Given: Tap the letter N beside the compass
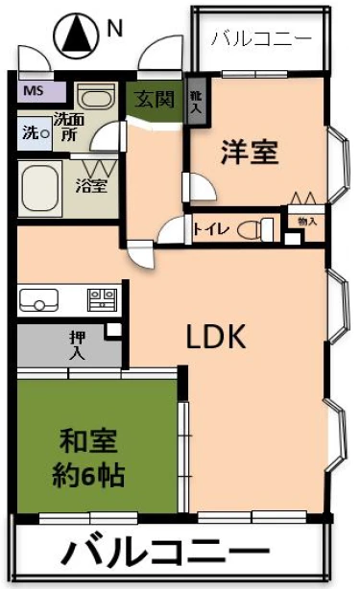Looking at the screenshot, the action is click(114, 28).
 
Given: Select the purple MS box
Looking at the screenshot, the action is click(41, 91).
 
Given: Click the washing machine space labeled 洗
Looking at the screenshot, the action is click(35, 133).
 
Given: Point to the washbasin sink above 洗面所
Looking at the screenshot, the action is click(96, 97).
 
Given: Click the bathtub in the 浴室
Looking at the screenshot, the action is click(39, 189).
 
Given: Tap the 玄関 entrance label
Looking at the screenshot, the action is click(155, 100).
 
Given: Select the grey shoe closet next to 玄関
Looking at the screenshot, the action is click(197, 103).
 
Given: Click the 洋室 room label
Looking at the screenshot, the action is click(250, 152).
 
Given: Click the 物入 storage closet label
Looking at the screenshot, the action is click(307, 222).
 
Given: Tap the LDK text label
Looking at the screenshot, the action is click(216, 336).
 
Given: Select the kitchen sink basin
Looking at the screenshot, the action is click(38, 300).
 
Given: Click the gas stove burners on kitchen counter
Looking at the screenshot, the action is click(102, 299).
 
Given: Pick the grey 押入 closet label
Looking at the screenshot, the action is click(77, 344).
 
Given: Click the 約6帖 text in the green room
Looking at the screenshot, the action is click(88, 476).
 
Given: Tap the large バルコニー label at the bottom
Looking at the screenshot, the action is click(165, 552).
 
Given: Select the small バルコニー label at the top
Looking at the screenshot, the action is click(261, 39).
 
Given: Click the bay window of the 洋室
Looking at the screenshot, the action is click(339, 164).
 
